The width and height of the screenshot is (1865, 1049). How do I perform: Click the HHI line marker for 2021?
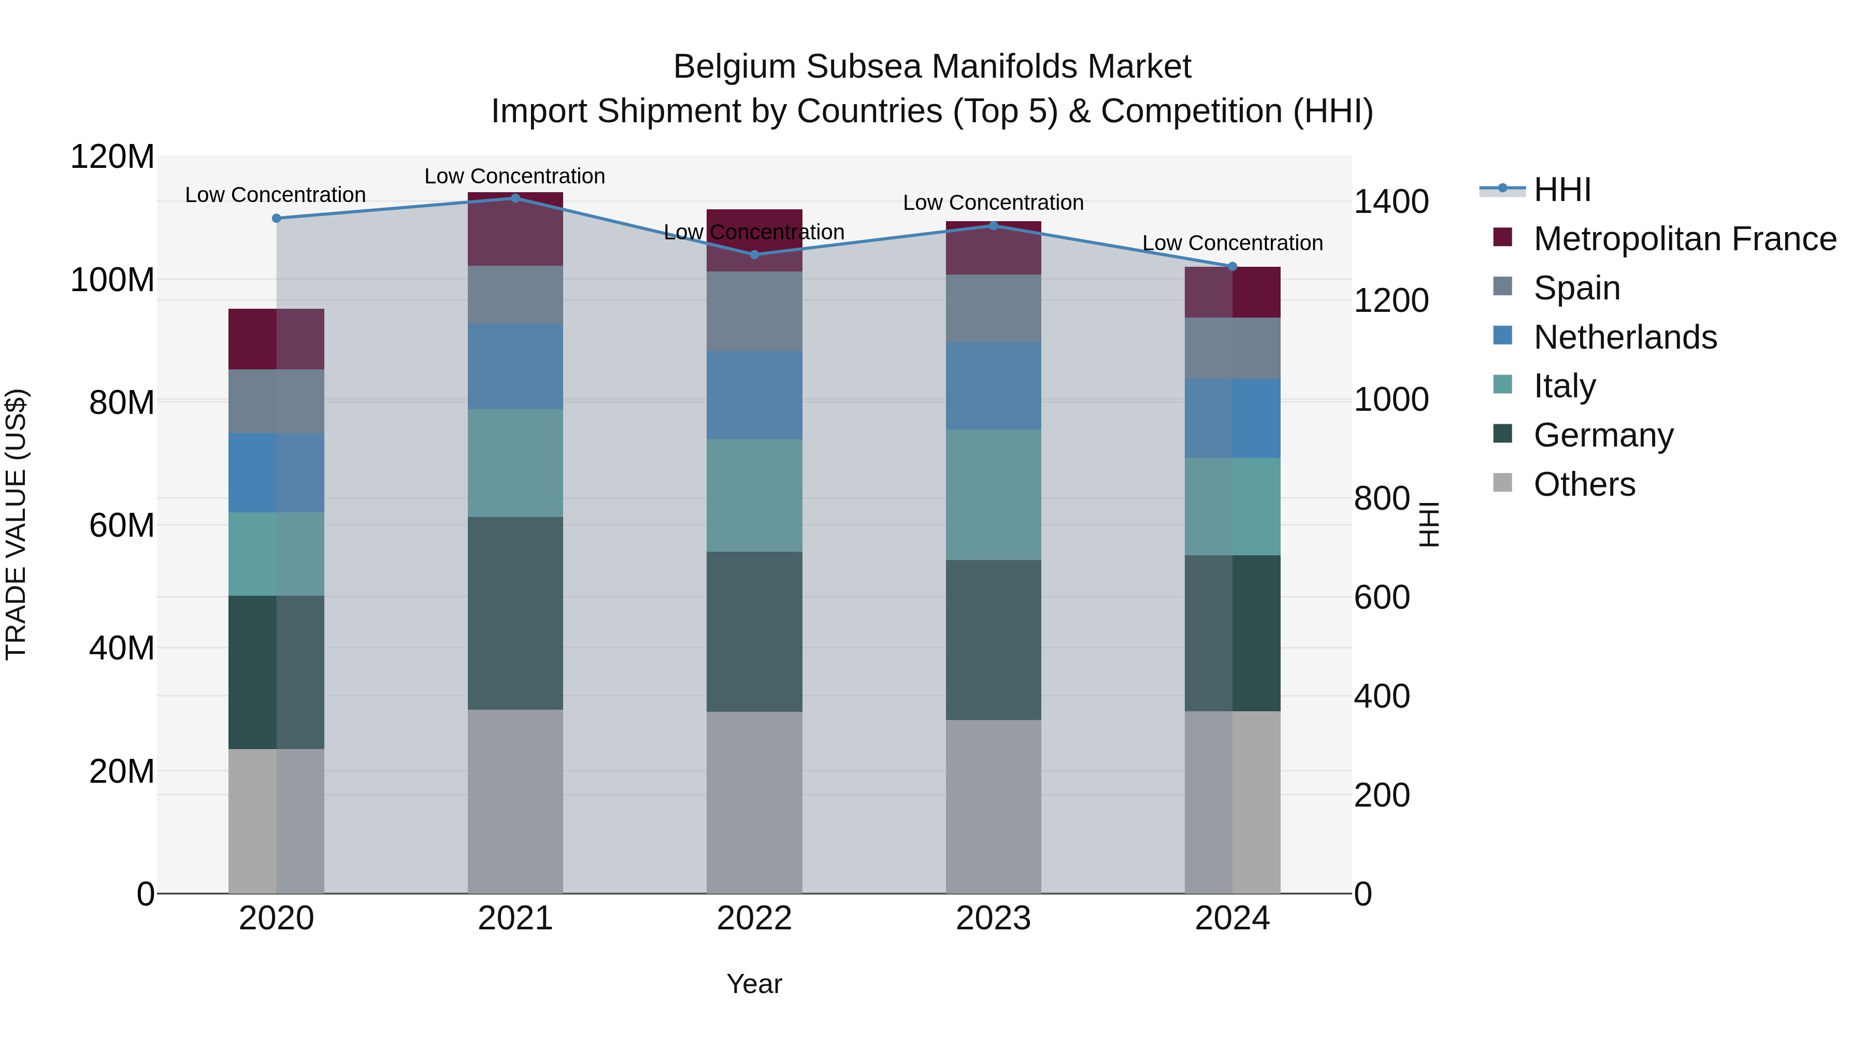pyautogui.click(x=515, y=198)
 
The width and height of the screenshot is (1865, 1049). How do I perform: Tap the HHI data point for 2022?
pyautogui.click(x=754, y=255)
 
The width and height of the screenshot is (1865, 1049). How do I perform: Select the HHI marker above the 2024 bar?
pyautogui.click(x=1232, y=266)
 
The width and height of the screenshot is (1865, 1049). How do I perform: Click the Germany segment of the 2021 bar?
pyautogui.click(x=515, y=613)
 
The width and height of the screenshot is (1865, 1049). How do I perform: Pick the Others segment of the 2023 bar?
pyautogui.click(x=993, y=807)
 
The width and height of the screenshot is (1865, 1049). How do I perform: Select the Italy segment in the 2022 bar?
pyautogui.click(x=754, y=496)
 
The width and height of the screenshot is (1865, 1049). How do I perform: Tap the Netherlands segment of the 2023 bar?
pyautogui.click(x=993, y=386)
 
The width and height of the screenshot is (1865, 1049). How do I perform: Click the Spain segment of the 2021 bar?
pyautogui.click(x=515, y=295)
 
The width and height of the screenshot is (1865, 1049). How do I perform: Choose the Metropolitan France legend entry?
pyautogui.click(x=1685, y=239)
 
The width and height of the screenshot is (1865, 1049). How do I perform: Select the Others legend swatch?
pyautogui.click(x=1502, y=483)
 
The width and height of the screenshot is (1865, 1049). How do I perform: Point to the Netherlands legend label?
pyautogui.click(x=1625, y=337)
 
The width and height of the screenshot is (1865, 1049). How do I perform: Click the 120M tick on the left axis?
pyautogui.click(x=112, y=157)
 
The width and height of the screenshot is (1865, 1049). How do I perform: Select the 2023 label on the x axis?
pyautogui.click(x=993, y=918)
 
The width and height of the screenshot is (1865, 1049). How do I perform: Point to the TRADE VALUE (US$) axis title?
pyautogui.click(x=16, y=524)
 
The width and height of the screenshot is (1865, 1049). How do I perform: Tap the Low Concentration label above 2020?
pyautogui.click(x=275, y=195)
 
